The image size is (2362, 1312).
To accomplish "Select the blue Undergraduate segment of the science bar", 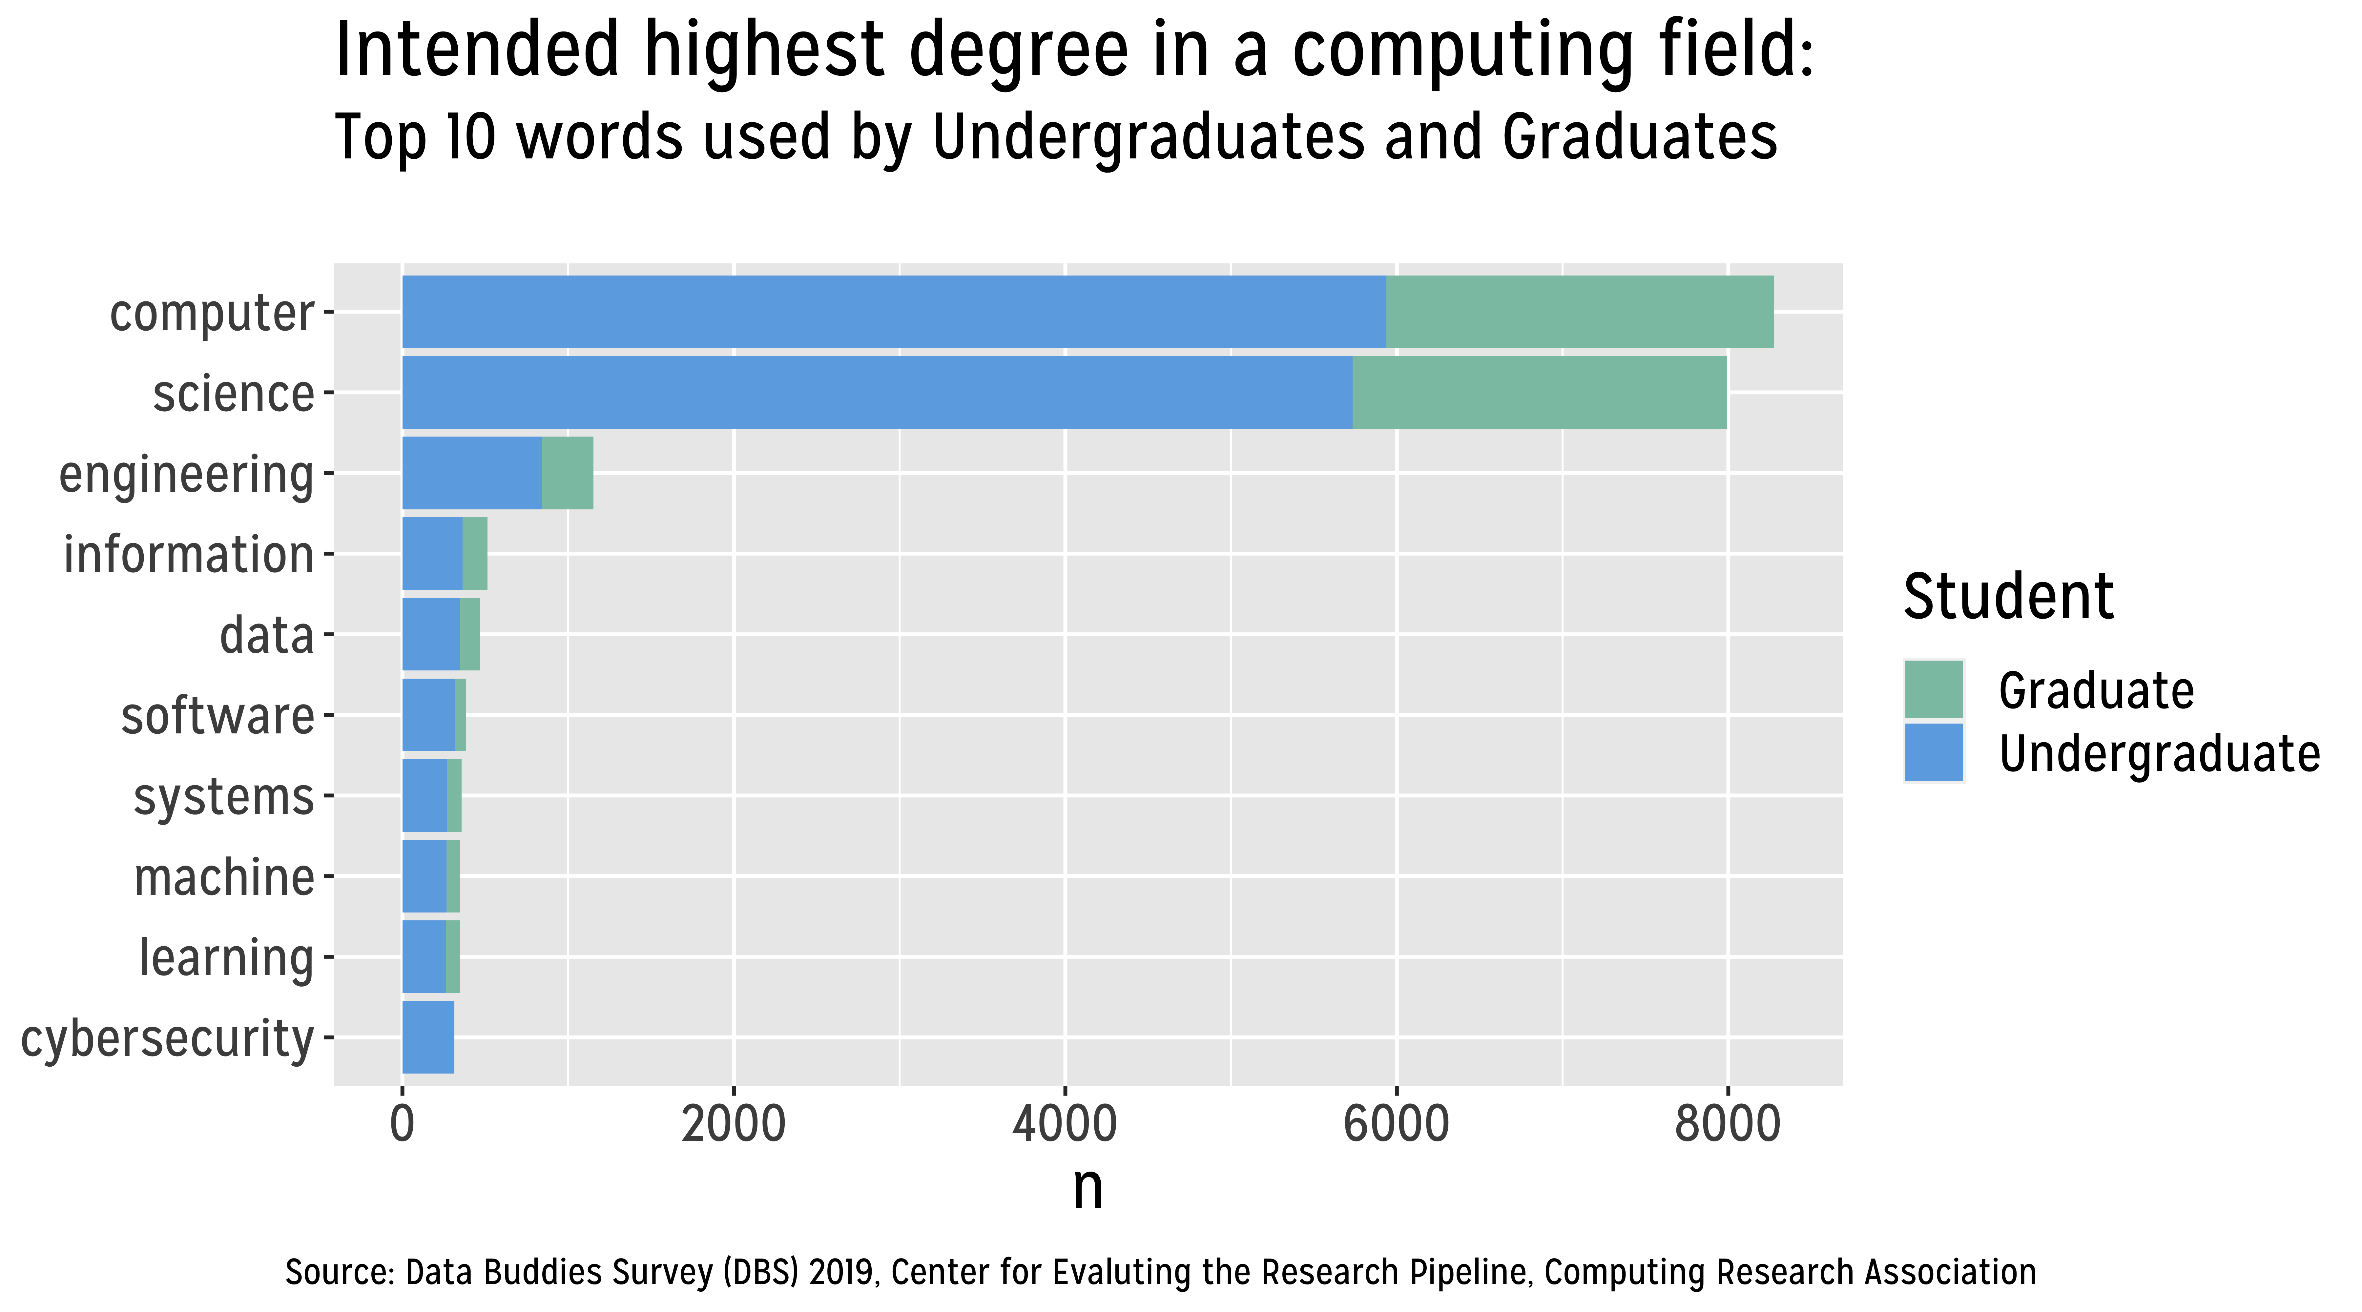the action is (878, 392).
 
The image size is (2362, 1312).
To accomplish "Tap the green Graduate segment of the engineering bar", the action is (568, 473).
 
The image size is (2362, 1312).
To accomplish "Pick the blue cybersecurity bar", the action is (428, 1037).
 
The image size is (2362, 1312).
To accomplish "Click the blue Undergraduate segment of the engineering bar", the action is (472, 473).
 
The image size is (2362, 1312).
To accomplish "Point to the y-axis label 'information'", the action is (189, 555).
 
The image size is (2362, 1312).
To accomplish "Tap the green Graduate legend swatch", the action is (1934, 689).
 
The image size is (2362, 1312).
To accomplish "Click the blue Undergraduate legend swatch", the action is (1934, 753).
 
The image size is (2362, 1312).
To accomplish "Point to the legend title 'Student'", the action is (2008, 597).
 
